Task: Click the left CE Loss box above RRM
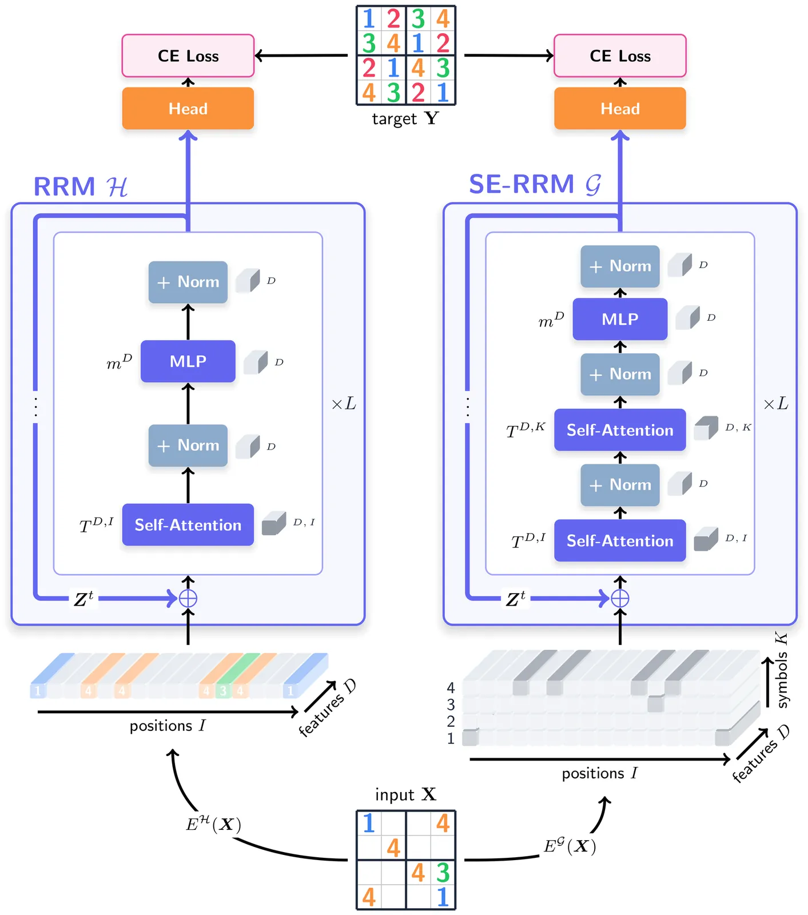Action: coord(188,55)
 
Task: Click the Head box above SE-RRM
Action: coord(620,108)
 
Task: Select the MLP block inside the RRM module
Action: coord(188,361)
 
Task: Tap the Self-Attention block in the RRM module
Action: coord(188,524)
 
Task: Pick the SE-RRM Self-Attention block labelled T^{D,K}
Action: coord(620,429)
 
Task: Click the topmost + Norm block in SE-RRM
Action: coord(620,266)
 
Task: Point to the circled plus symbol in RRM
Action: coord(188,599)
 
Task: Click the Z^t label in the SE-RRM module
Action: coord(515,599)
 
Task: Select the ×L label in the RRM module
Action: coord(344,404)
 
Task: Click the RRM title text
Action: coord(80,186)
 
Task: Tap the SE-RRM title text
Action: coord(535,184)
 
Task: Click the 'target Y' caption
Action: coord(405,118)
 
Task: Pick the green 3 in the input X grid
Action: coord(443,873)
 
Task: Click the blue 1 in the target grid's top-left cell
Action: coord(369,19)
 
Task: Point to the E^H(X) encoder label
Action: coord(213,824)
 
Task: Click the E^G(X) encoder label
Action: coord(570,845)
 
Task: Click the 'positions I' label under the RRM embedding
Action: coord(167,726)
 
